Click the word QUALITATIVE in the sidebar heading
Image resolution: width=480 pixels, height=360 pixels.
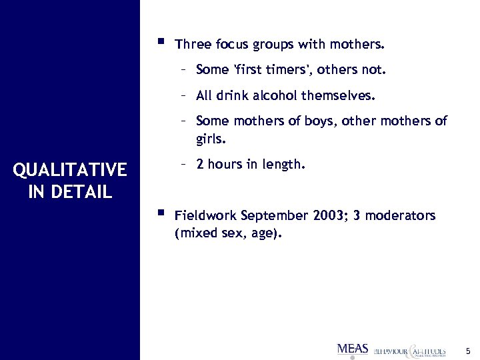(69, 171)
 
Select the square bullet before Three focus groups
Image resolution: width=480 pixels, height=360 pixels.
(159, 43)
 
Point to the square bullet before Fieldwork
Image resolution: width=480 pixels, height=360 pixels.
(159, 213)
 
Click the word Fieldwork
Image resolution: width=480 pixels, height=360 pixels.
(205, 216)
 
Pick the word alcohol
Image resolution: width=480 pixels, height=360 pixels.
(274, 96)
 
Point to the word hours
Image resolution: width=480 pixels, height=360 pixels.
(225, 165)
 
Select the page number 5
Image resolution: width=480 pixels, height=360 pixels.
(468, 351)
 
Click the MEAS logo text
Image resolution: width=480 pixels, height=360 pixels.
(353, 349)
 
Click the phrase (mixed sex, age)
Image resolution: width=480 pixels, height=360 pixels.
(228, 234)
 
